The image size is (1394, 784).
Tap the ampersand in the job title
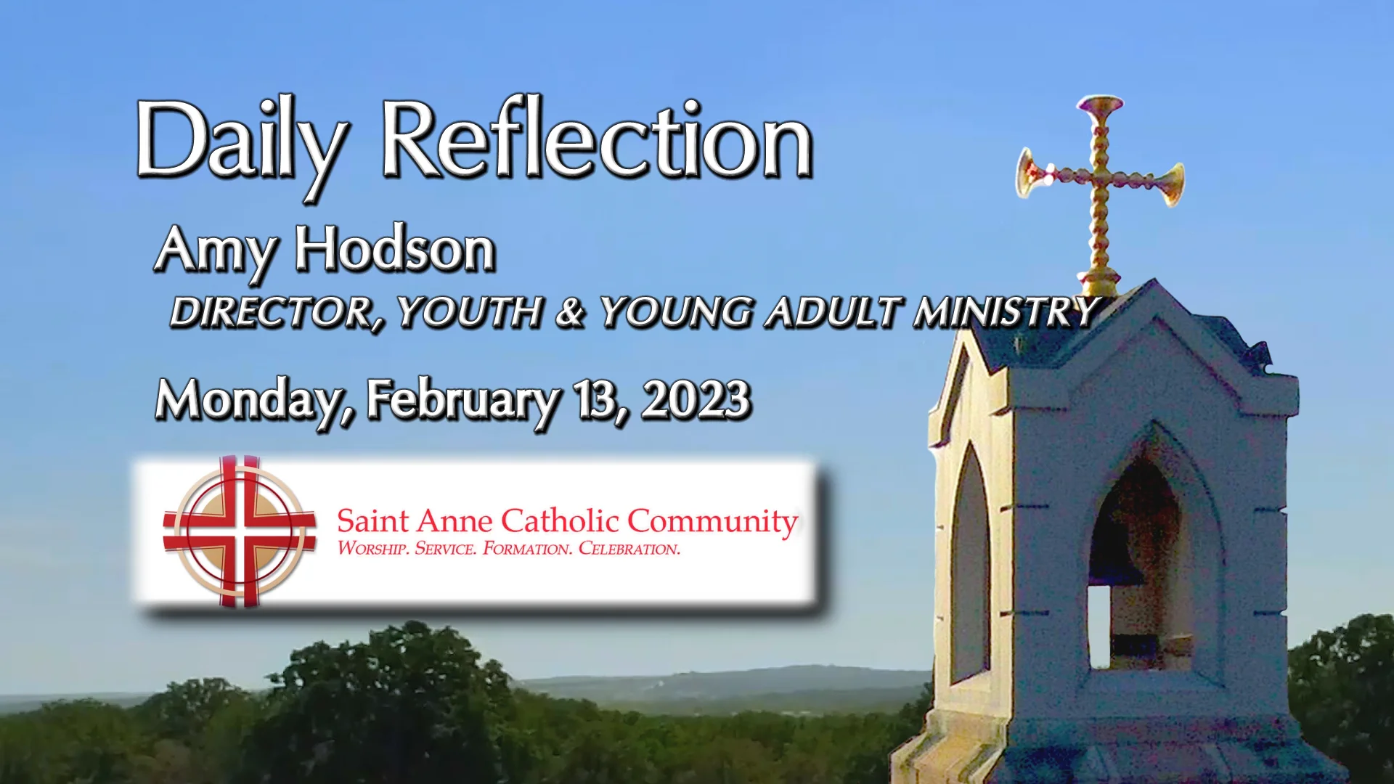[571, 312]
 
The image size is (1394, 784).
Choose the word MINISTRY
[1006, 312]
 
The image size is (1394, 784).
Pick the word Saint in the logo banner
[372, 521]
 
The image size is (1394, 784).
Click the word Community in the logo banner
[712, 521]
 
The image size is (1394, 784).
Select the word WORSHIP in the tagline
[372, 549]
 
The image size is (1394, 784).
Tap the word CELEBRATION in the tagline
[629, 549]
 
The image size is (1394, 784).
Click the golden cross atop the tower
[1101, 185]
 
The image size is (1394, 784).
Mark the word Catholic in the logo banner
[560, 521]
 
